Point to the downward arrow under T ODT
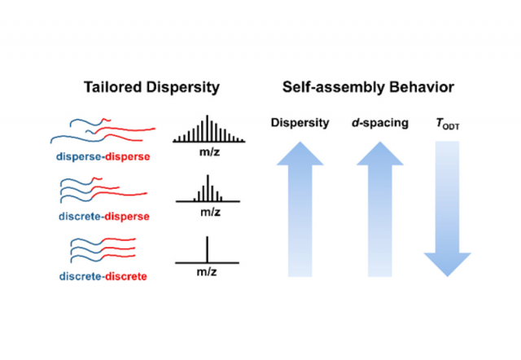tap(447, 212)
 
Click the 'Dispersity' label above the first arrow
tap(300, 123)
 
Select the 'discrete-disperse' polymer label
tap(103, 216)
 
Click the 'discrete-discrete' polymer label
tap(103, 276)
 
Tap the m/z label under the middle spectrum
tap(208, 213)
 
